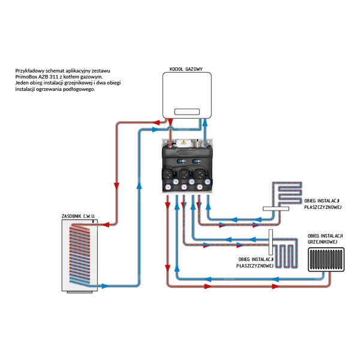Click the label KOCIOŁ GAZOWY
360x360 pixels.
tap(187, 70)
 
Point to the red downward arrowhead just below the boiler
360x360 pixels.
tap(169, 123)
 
